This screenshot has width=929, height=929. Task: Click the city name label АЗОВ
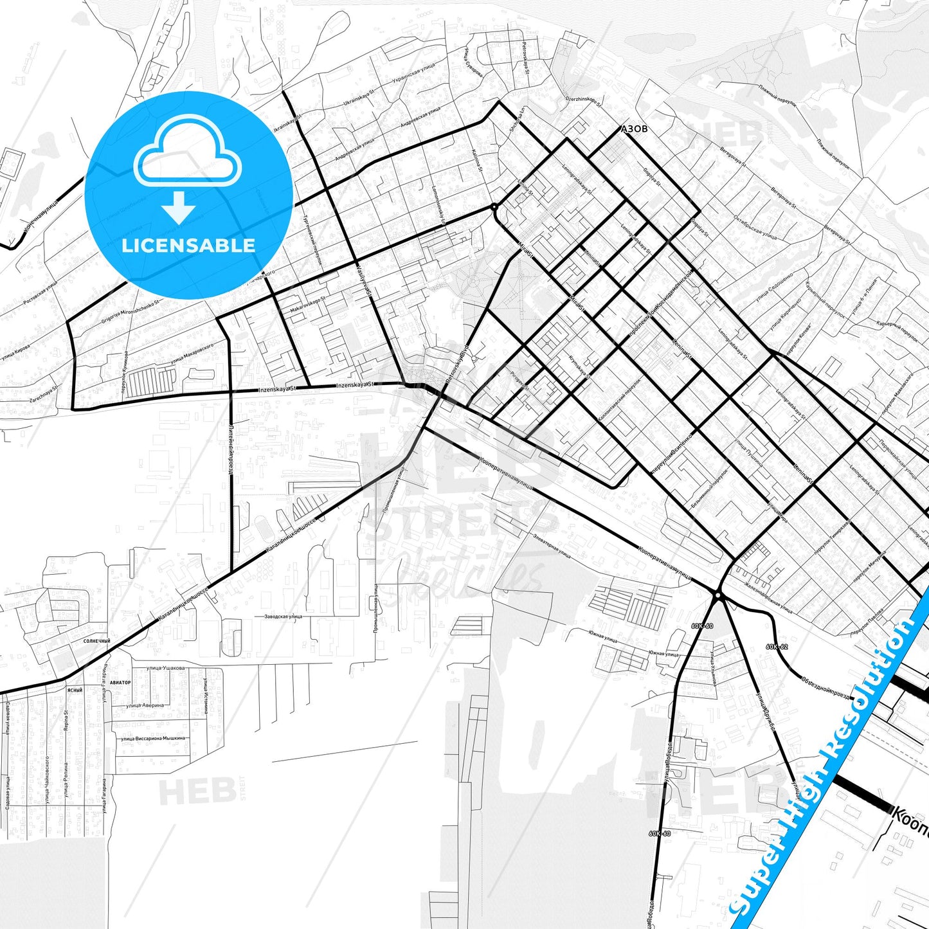[x=634, y=129]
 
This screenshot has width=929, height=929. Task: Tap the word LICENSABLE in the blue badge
[x=188, y=245]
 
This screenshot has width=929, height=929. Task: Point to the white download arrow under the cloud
[x=179, y=207]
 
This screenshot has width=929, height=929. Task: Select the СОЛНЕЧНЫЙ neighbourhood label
[x=96, y=641]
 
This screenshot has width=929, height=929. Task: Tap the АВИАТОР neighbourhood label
[x=120, y=682]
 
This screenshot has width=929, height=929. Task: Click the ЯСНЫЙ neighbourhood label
[x=75, y=690]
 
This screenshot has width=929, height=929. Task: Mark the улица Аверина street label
[x=145, y=705]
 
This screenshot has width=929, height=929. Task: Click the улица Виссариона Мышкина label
[x=153, y=738]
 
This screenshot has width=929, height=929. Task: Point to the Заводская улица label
[x=283, y=617]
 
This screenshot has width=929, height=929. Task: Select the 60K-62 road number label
[x=777, y=647]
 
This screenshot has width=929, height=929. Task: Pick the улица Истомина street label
[x=206, y=696]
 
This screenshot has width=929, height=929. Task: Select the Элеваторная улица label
[x=552, y=545]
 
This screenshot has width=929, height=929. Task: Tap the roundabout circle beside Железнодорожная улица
[x=718, y=596]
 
